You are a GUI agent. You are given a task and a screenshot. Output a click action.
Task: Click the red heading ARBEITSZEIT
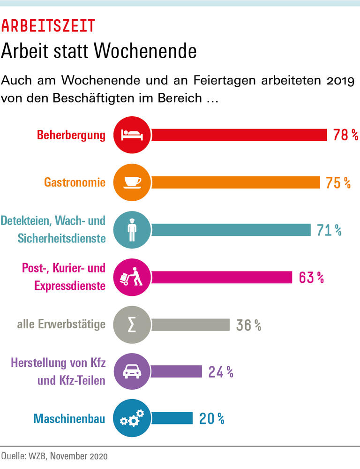[x=48, y=25]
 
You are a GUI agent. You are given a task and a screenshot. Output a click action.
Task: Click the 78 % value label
[x=345, y=136]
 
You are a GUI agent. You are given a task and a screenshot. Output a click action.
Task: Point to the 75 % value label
[x=338, y=182]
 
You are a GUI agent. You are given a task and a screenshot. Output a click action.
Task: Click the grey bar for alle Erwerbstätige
[x=190, y=325]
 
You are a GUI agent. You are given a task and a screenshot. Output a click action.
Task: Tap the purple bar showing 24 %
[x=176, y=372]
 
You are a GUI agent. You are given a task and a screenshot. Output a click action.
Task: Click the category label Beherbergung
[x=71, y=136]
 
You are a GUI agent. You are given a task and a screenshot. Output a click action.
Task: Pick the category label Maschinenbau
[x=69, y=418]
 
